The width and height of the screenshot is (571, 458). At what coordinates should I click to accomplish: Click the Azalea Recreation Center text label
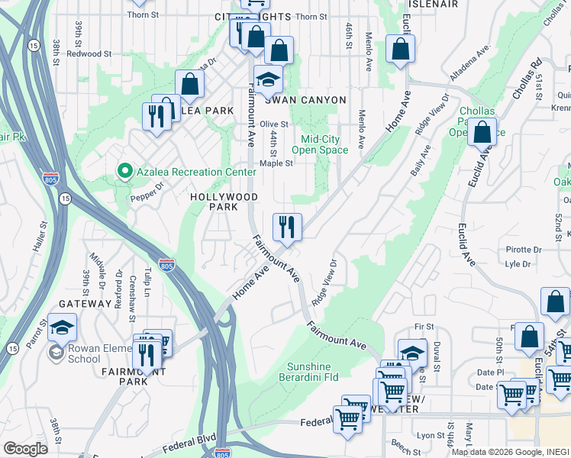pyautogui.click(x=196, y=172)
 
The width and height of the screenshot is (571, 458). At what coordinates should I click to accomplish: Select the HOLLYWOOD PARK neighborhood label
pyautogui.click(x=224, y=202)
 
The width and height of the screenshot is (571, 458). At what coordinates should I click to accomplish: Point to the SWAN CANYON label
pyautogui.click(x=305, y=100)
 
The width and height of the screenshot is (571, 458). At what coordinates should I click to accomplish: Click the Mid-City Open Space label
pyautogui.click(x=330, y=144)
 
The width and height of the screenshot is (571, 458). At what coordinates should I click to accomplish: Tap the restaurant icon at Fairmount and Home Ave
pyautogui.click(x=287, y=226)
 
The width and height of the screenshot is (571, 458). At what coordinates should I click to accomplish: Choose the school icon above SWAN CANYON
pyautogui.click(x=268, y=79)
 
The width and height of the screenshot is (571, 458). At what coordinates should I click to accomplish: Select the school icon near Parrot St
pyautogui.click(x=63, y=327)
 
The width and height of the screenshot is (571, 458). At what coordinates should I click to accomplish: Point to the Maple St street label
pyautogui.click(x=276, y=163)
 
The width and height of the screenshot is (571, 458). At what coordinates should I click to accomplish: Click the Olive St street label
pyautogui.click(x=274, y=124)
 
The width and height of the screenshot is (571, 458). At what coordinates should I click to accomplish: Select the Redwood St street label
pyautogui.click(x=89, y=53)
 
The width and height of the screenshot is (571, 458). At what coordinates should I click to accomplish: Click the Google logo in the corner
pyautogui.click(x=25, y=449)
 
